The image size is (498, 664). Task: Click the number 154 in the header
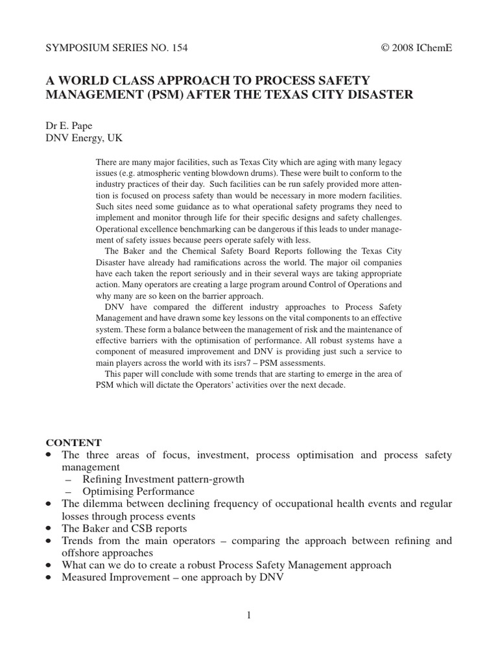point(179,48)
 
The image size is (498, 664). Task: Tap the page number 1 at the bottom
point(248,615)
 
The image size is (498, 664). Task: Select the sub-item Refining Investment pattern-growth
point(163,479)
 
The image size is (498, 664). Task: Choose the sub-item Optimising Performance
point(138,492)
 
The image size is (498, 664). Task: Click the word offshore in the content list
point(80,552)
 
